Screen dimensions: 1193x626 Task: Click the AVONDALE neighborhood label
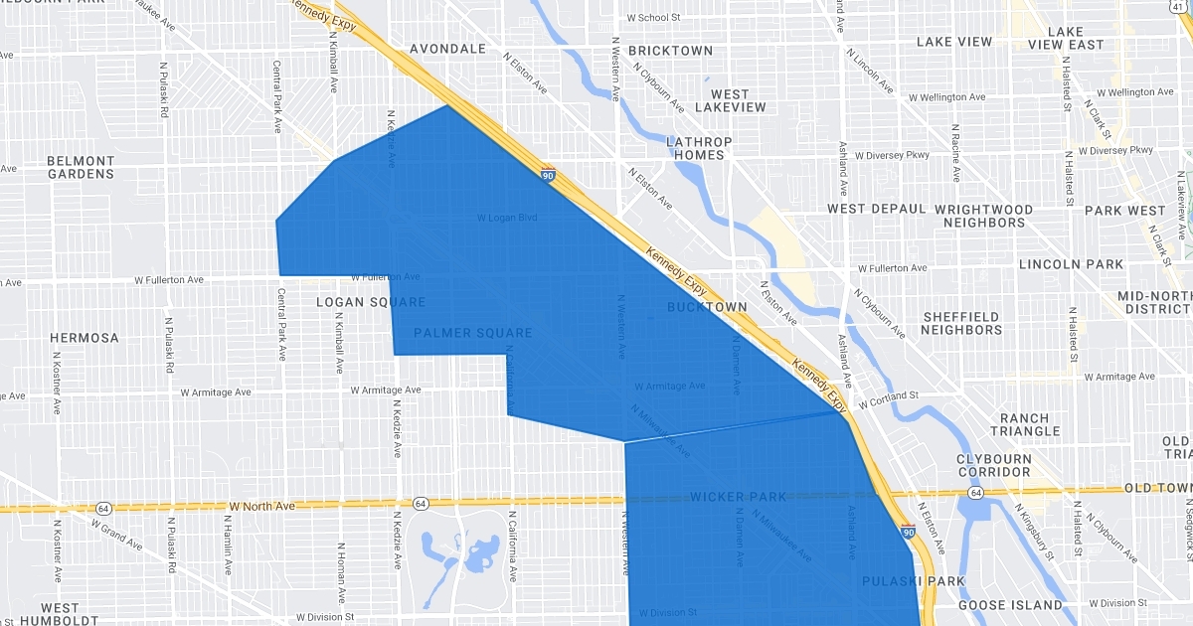pyautogui.click(x=447, y=49)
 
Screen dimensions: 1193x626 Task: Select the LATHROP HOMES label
pyautogui.click(x=699, y=148)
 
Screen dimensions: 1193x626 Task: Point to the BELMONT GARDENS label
pyautogui.click(x=82, y=167)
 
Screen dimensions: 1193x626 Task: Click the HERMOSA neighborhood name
pyautogui.click(x=85, y=338)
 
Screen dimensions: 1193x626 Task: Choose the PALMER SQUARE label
pyautogui.click(x=472, y=333)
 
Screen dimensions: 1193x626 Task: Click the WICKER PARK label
pyautogui.click(x=738, y=497)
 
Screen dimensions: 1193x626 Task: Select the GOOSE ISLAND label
pyautogui.click(x=1010, y=605)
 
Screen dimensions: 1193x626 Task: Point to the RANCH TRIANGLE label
pyautogui.click(x=1030, y=424)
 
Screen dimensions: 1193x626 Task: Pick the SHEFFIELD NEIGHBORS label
pyautogui.click(x=961, y=323)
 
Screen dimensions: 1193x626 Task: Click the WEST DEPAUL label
pyautogui.click(x=877, y=210)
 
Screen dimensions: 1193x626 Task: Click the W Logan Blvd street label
pyautogui.click(x=507, y=217)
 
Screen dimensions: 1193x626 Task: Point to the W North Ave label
pyautogui.click(x=261, y=506)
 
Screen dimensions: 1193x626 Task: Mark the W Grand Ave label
pyautogui.click(x=117, y=536)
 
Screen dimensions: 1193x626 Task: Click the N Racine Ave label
pyautogui.click(x=955, y=153)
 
